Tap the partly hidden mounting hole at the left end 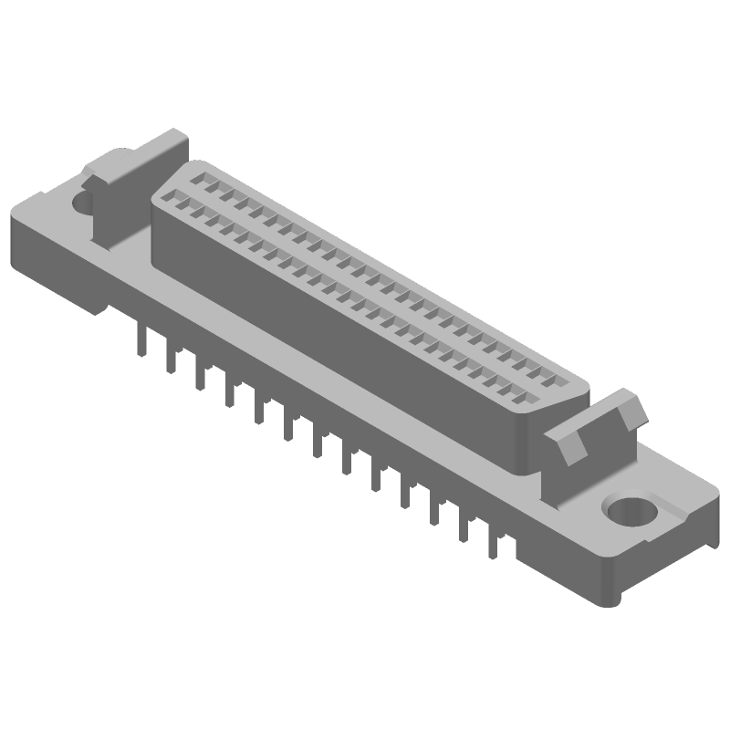(82, 202)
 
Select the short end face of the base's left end (55, 260)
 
